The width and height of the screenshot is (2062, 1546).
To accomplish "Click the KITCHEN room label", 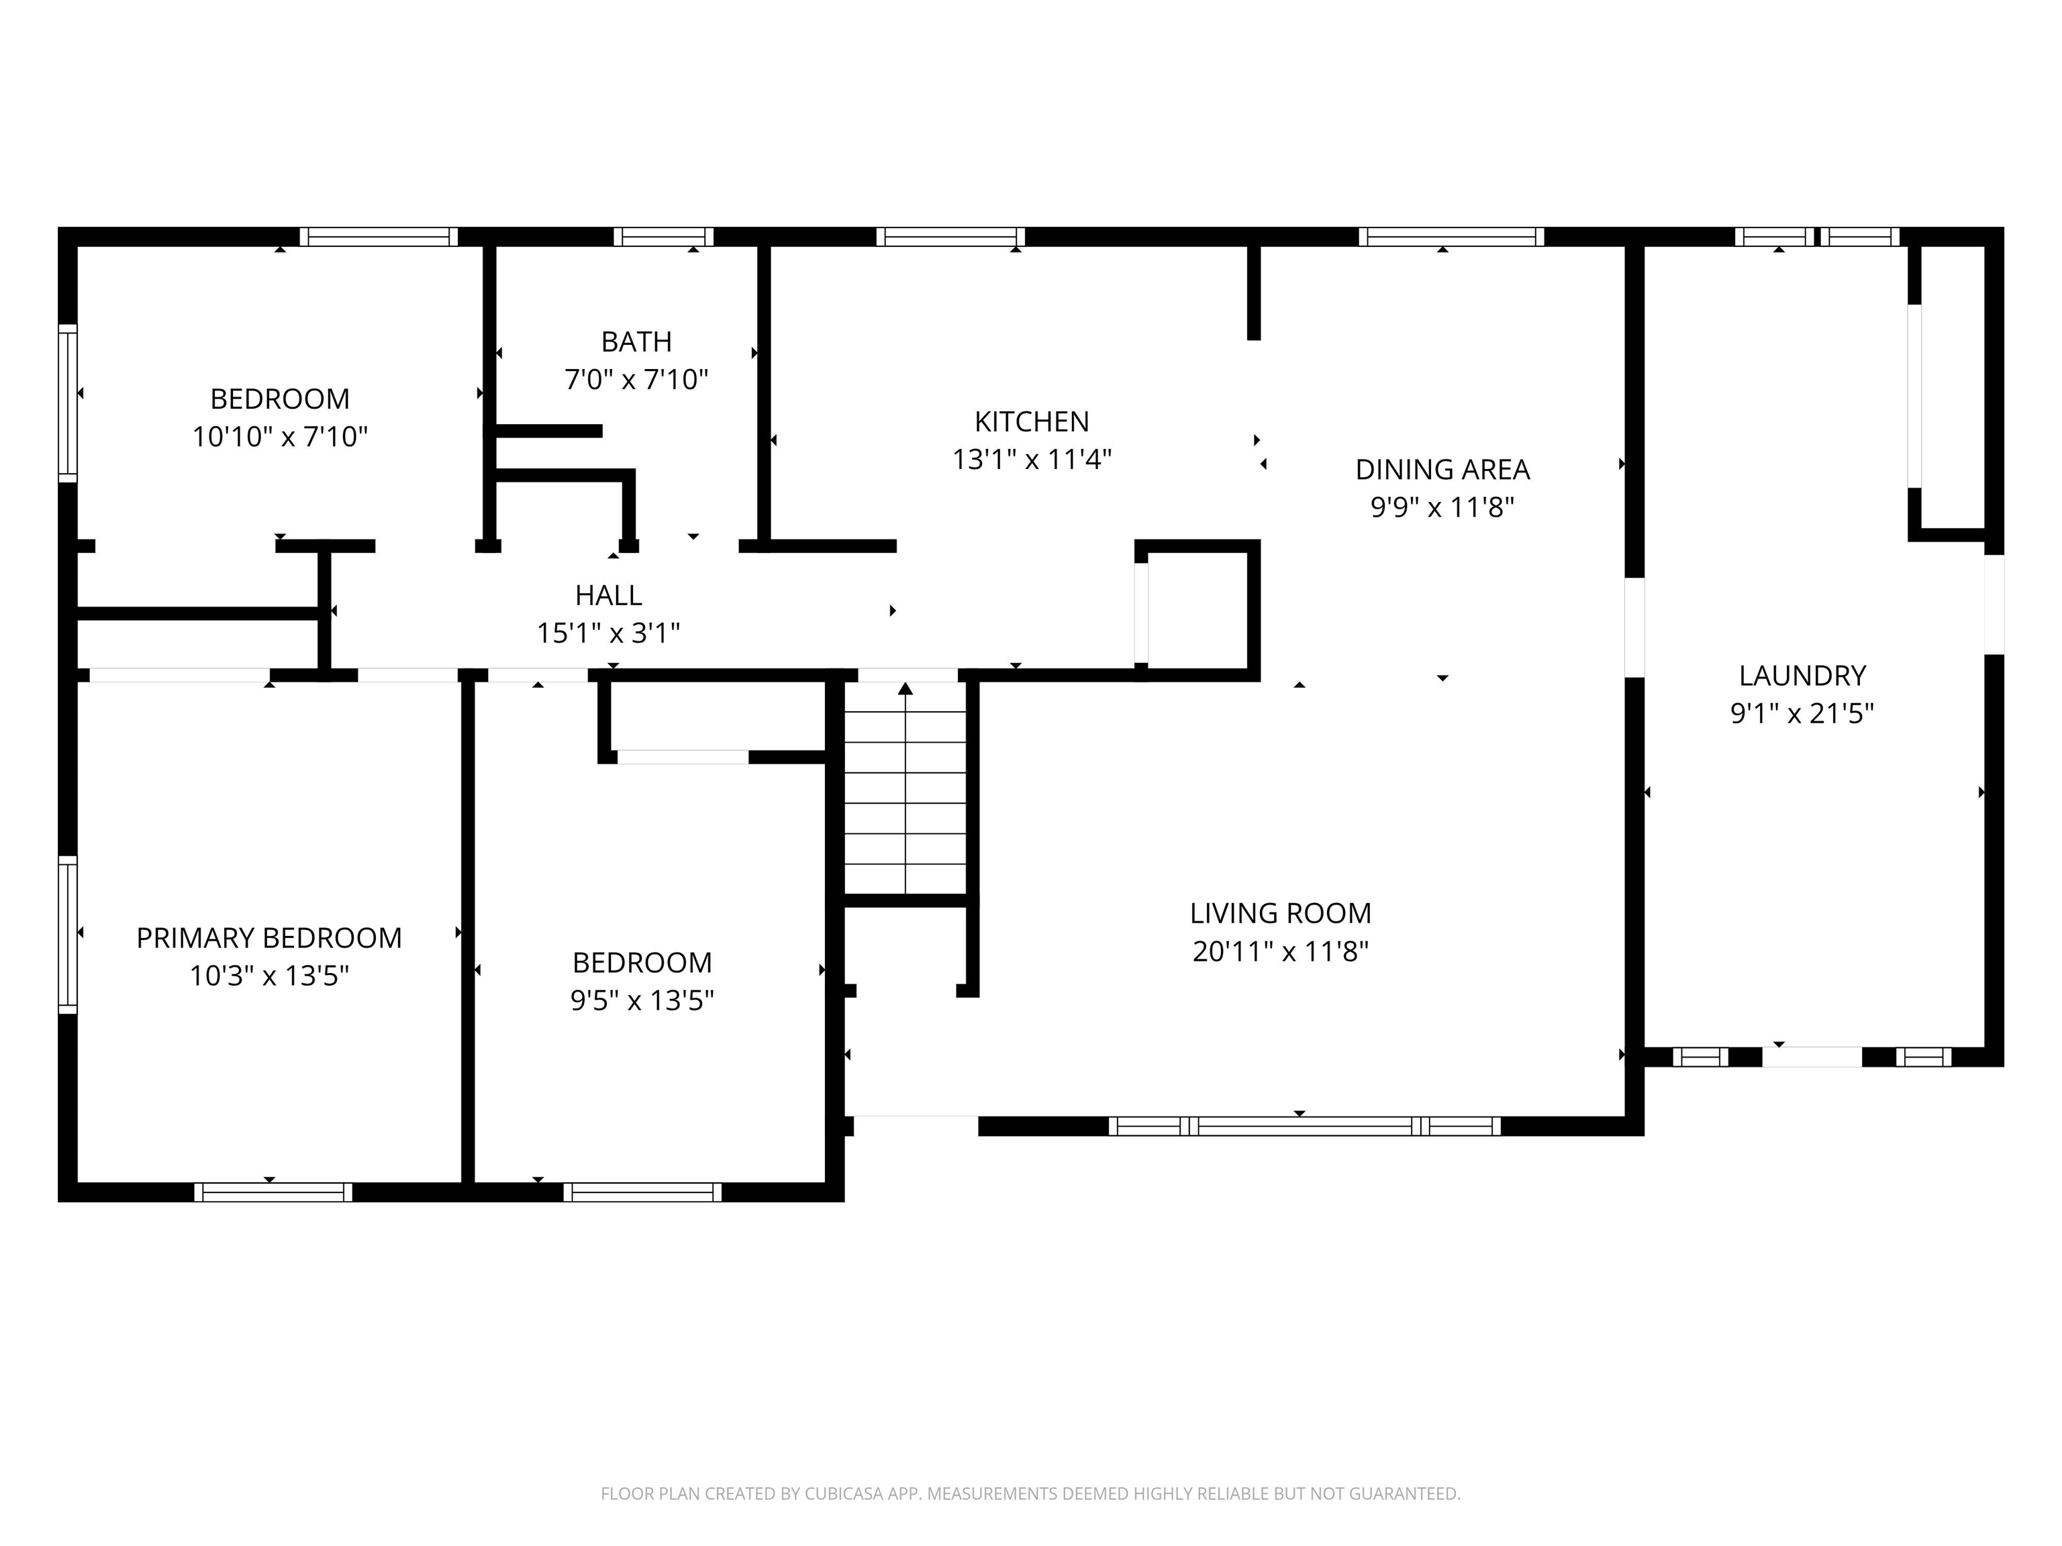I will (1031, 421).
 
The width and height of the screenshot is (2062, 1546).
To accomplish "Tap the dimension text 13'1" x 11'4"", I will (1031, 460).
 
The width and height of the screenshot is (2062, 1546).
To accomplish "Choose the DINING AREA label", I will (1441, 469).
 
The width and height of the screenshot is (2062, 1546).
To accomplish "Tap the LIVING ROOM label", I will (1280, 913).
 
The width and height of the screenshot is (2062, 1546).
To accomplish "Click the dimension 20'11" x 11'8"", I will (1280, 951).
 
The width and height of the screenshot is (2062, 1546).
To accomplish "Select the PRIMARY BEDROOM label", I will (268, 937).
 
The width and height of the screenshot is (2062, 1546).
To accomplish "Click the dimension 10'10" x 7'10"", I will (280, 436).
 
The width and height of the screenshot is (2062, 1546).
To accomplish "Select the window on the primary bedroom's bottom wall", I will (273, 1192).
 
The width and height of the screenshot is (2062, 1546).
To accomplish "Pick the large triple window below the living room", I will (1304, 1126).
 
